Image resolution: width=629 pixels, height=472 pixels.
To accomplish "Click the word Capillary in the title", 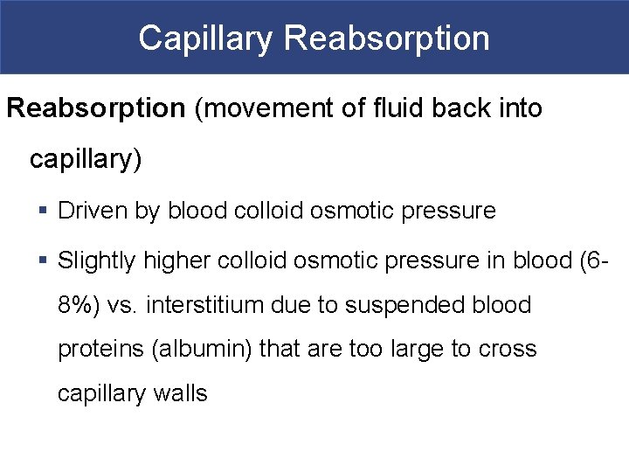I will (206, 38).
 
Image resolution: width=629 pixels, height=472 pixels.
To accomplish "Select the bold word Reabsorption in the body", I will (96, 109).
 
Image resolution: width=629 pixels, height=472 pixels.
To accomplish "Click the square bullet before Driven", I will (43, 211).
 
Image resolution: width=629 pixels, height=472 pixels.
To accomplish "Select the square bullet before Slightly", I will (43, 260).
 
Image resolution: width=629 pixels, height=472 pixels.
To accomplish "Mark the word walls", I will (183, 394).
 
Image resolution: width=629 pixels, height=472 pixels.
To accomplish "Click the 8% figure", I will (76, 305).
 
